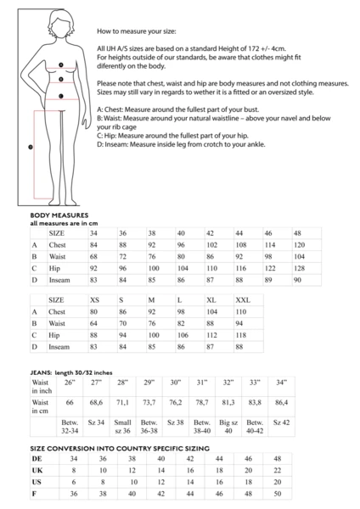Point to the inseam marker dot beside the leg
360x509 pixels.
click(31, 146)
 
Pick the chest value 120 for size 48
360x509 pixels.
click(299, 244)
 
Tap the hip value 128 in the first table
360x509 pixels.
click(299, 267)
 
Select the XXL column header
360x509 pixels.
click(243, 300)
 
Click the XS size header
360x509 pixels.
click(95, 300)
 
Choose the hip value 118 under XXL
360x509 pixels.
click(243, 335)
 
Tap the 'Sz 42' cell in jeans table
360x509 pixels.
click(281, 422)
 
